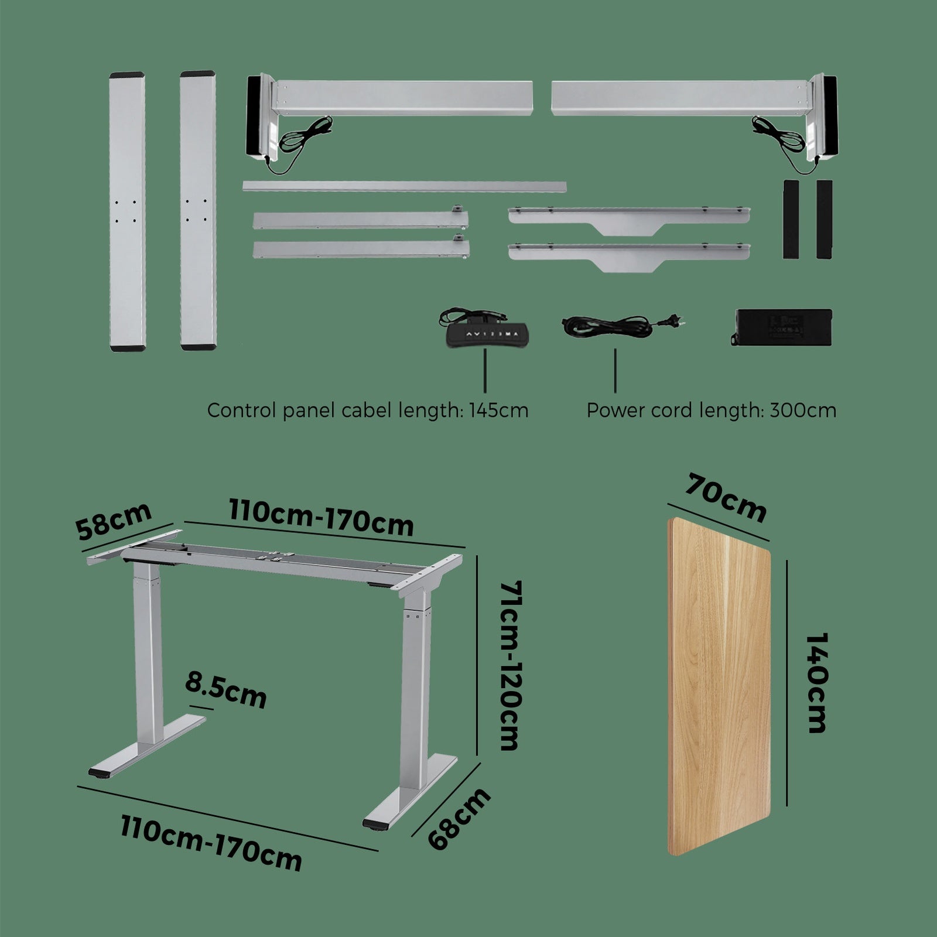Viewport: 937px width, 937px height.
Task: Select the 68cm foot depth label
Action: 459,819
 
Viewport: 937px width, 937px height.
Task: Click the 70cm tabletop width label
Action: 726,498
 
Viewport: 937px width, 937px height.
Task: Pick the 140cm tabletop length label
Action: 815,682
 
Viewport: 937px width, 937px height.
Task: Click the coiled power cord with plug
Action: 623,325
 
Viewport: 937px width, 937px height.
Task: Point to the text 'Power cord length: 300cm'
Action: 712,410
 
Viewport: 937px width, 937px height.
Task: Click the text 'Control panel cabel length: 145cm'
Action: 368,410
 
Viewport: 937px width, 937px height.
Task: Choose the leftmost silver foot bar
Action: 127,211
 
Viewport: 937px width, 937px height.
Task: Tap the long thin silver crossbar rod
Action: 405,187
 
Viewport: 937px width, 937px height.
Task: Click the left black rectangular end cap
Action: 791,219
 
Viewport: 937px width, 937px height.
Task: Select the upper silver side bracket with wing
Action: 629,220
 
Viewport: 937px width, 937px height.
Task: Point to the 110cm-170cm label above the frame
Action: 321,518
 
